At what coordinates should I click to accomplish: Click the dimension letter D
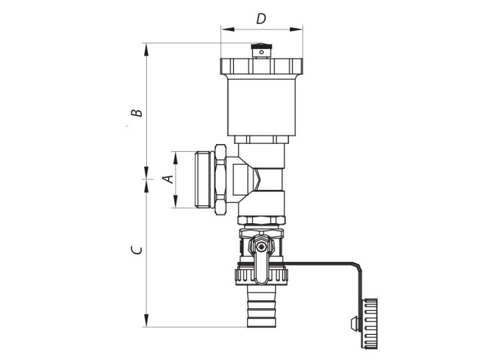261,19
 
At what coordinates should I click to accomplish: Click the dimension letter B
137,112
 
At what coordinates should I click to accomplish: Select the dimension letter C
137,250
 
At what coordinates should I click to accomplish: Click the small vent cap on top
261,51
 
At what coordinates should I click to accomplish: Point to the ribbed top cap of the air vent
261,66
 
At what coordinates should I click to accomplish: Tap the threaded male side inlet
205,179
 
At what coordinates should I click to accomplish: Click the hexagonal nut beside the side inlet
220,179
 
